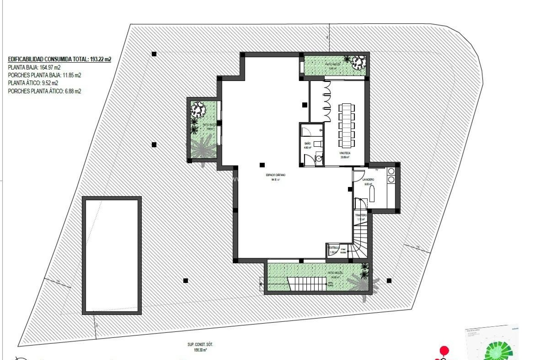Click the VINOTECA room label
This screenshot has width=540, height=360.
click(x=345, y=153)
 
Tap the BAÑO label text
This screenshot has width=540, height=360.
click(x=307, y=143)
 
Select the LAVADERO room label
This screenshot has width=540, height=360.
click(x=368, y=179)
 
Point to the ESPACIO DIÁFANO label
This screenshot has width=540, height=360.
click(x=276, y=175)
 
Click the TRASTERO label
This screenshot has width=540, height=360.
click(x=361, y=215)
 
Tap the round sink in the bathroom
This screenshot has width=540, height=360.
click(x=318, y=159)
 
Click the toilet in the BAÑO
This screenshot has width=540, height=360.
click(x=317, y=144)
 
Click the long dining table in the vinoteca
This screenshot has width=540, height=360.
click(x=346, y=125)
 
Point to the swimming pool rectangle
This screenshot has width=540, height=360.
click(x=112, y=255)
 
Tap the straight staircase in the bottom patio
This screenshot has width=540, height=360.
click(x=307, y=284)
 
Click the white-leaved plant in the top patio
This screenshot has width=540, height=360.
click(x=359, y=63)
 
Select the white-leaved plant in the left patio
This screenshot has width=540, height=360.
click(x=198, y=109)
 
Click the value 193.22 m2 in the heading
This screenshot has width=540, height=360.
click(x=100, y=59)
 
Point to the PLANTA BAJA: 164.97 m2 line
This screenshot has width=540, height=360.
click(x=34, y=67)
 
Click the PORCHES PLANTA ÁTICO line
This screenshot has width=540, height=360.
click(x=44, y=91)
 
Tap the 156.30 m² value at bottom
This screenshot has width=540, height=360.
click(x=200, y=350)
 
